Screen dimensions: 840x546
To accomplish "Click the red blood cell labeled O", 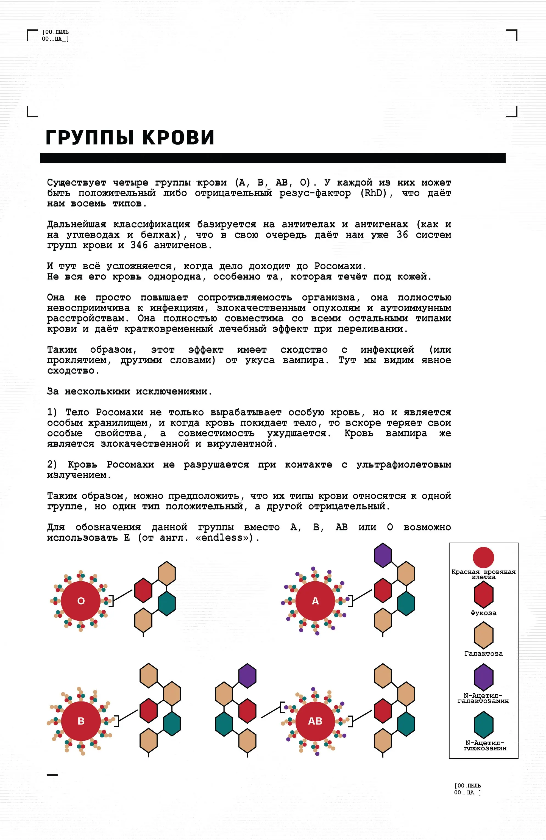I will tap(81, 601).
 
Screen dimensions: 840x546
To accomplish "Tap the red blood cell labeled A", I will tap(315, 601).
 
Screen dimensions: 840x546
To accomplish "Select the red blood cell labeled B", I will tap(81, 721).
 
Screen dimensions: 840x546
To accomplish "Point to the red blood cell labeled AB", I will tap(315, 721).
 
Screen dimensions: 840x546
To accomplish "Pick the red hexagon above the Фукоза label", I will tap(483, 595).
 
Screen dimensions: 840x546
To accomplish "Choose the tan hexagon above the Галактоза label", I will tap(483, 635).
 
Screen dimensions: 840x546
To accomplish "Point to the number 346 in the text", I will tap(139, 245).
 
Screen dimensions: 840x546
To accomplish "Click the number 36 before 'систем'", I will tap(402, 235).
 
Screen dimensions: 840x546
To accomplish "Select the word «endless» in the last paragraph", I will tap(222, 538).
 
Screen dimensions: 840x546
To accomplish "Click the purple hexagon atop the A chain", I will tap(383, 556).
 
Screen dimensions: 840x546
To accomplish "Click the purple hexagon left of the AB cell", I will tap(247, 676).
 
